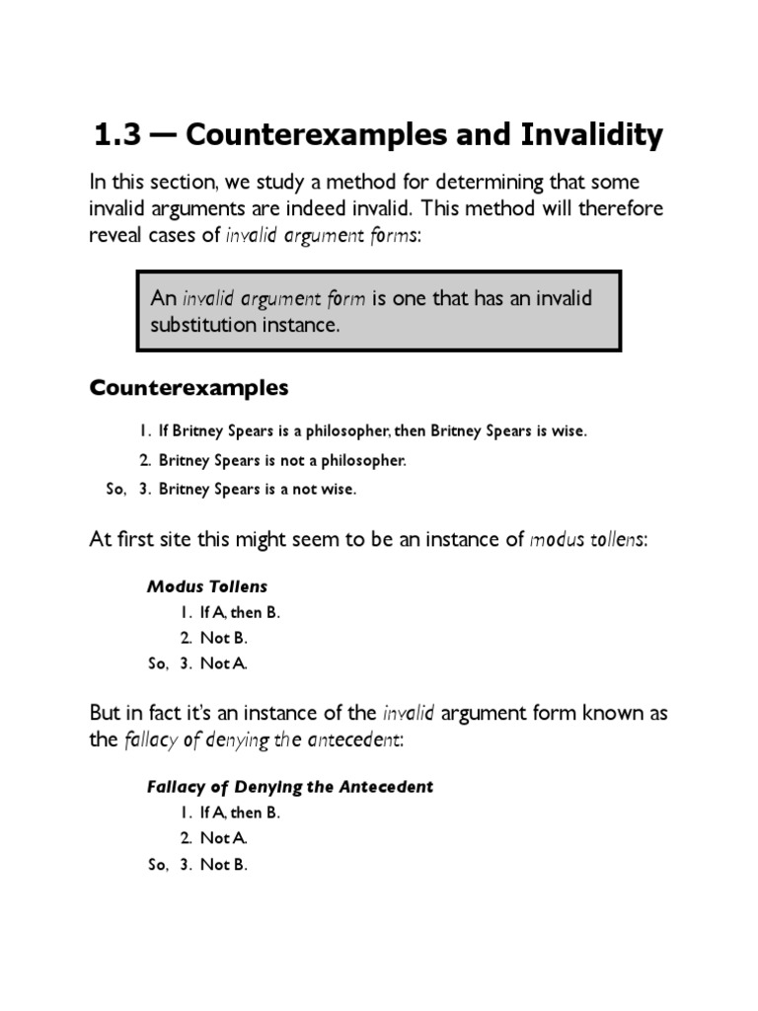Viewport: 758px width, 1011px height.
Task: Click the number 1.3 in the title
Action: pyautogui.click(x=115, y=136)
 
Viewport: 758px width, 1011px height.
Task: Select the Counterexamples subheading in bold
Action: pyautogui.click(x=189, y=388)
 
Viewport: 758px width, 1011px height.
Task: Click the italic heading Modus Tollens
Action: pyautogui.click(x=207, y=586)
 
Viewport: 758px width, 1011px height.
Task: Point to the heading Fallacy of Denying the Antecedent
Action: pyautogui.click(x=290, y=787)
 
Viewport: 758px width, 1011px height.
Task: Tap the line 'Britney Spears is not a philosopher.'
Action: pyautogui.click(x=282, y=460)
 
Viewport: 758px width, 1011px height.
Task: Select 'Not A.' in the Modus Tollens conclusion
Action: pyautogui.click(x=223, y=663)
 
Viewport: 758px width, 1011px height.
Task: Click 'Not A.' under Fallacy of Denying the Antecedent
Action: pyautogui.click(x=223, y=838)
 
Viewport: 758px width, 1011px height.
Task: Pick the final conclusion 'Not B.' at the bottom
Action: pyautogui.click(x=223, y=865)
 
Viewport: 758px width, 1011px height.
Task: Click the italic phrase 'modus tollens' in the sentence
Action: pyautogui.click(x=587, y=540)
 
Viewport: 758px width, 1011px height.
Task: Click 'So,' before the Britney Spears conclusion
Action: pyautogui.click(x=116, y=489)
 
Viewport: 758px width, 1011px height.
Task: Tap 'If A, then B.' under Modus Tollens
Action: pyautogui.click(x=240, y=612)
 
